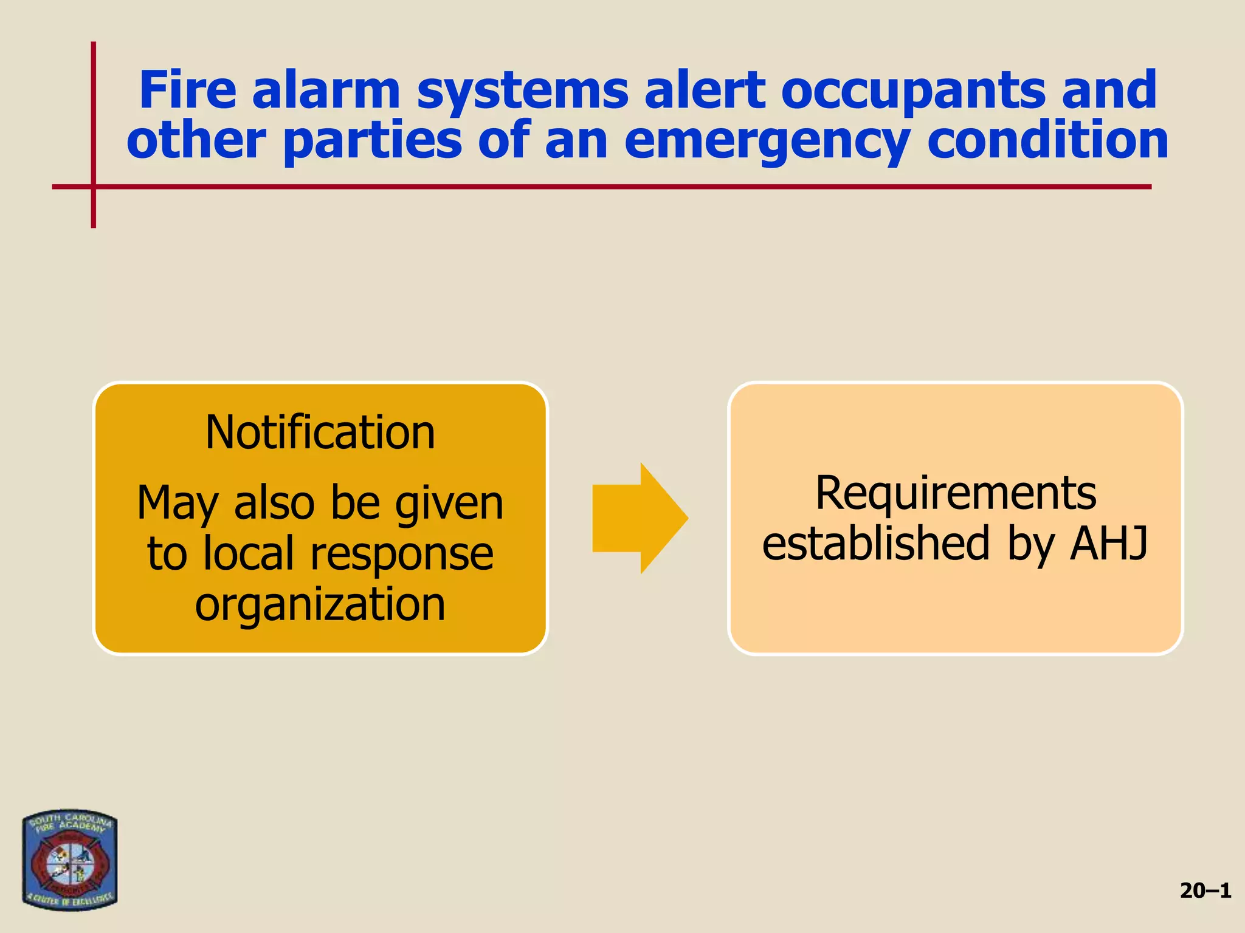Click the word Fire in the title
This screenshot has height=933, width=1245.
point(187,90)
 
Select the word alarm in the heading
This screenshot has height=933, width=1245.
point(326,90)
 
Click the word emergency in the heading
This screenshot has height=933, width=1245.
point(767,141)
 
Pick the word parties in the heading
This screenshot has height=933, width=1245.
point(373,141)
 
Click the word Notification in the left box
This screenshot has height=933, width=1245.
point(320,432)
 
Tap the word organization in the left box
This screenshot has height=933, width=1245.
point(320,604)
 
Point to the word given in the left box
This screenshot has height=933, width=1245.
point(449,504)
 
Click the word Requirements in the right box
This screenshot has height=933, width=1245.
point(956,493)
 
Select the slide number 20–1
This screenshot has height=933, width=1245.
point(1205,890)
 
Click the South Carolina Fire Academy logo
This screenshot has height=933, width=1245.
point(69,859)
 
